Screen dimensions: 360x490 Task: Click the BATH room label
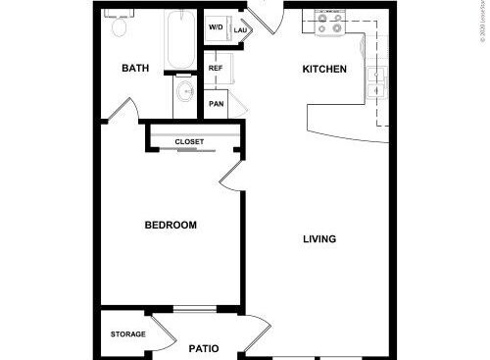coord(135,69)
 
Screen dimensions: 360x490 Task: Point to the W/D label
coord(216,27)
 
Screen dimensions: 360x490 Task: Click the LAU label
coord(239,30)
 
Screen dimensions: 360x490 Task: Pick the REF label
coord(216,68)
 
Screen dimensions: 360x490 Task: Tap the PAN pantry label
coord(216,102)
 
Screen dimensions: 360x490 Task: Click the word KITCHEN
coord(324,69)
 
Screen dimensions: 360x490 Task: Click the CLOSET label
coord(190,142)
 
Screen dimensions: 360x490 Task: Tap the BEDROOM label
coord(171,226)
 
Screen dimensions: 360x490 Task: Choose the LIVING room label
coord(319,238)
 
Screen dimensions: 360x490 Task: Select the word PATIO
coord(203,348)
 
